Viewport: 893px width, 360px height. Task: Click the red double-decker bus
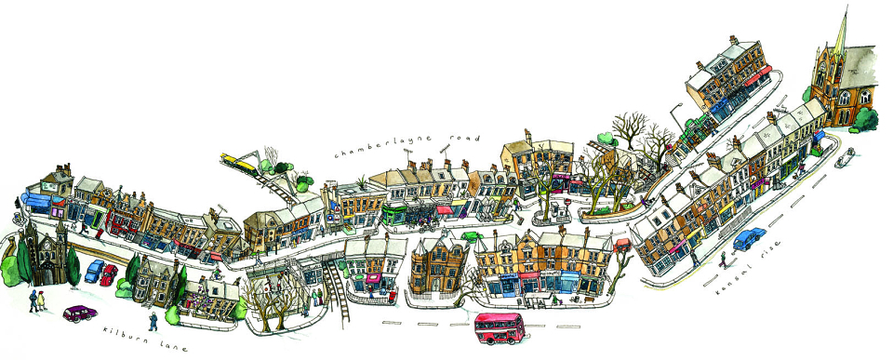pos(500,328)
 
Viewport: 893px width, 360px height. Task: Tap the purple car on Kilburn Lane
pos(80,313)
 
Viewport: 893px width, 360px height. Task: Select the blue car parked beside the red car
pos(94,271)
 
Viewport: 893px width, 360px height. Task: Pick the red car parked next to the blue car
pos(108,275)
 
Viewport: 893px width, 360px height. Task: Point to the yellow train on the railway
pos(239,163)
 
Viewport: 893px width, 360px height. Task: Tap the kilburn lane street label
pos(145,339)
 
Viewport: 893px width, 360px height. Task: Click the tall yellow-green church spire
pos(841,33)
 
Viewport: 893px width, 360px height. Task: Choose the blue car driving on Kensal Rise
pos(749,238)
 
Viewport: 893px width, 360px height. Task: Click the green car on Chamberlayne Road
pos(472,236)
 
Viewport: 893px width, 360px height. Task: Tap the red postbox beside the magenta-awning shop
pos(392,296)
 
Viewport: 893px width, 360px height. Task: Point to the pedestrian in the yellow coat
pos(41,300)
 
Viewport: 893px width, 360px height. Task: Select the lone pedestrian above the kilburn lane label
pos(153,321)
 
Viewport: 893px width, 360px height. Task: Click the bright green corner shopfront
pos(395,214)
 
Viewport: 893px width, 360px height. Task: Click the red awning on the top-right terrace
pos(757,75)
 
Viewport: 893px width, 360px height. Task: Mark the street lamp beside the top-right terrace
pos(678,118)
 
